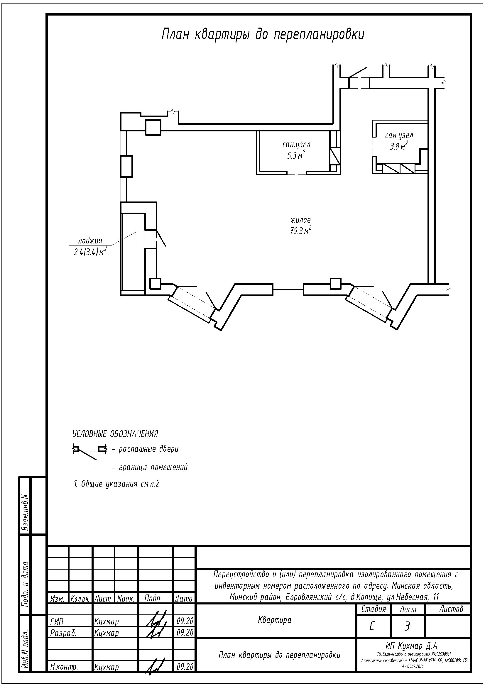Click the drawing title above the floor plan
[x=263, y=35]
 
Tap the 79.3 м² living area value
[x=301, y=231]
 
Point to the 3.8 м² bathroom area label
[x=399, y=146]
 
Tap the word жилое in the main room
[x=301, y=220]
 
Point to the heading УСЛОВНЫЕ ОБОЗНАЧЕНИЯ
[x=115, y=434]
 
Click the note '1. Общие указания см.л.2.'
[x=117, y=484]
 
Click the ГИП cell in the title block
[x=57, y=621]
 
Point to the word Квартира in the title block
[x=274, y=620]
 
